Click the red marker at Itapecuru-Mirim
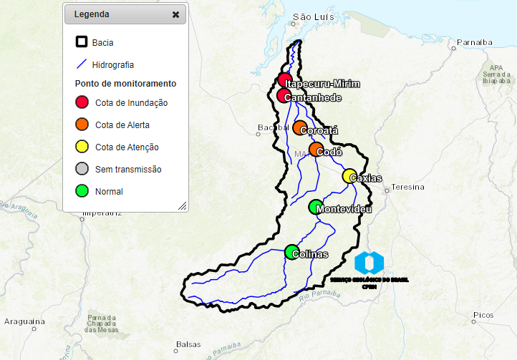[x=284, y=79]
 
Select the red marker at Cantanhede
[x=284, y=96]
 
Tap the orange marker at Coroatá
[x=299, y=127]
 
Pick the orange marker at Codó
[x=316, y=149]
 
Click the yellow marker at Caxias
[x=349, y=176]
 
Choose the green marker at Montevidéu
[x=316, y=207]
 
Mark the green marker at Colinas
[x=291, y=252]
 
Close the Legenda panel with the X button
[x=175, y=14]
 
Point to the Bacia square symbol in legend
[x=82, y=42]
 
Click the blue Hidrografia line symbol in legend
[x=82, y=64]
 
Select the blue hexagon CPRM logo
[x=369, y=262]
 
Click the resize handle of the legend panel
[x=182, y=205]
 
